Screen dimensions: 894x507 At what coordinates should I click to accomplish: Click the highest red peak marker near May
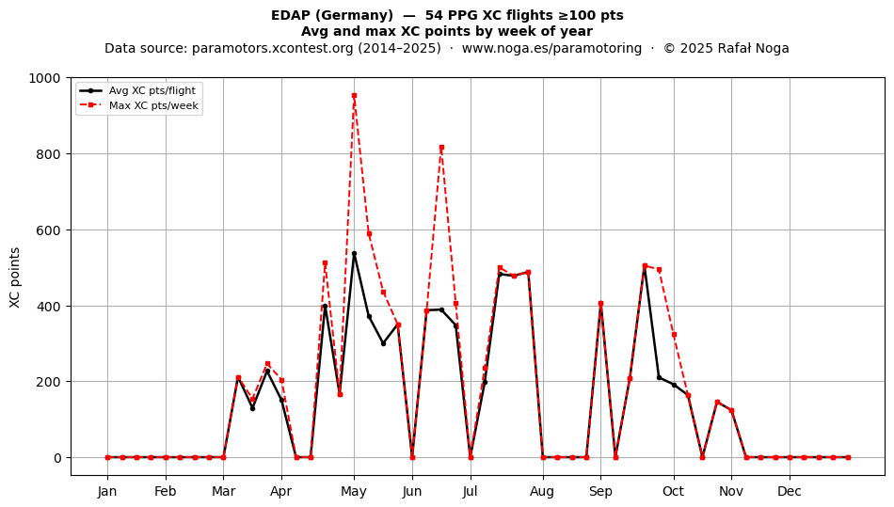[354, 96]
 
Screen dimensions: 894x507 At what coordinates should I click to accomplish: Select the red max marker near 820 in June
[441, 148]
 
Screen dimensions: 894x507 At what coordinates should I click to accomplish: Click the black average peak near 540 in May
[354, 254]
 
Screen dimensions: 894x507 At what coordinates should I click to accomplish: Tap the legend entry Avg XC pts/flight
[152, 90]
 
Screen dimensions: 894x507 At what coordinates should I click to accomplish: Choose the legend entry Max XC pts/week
[153, 105]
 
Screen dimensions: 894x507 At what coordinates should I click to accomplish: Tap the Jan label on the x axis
[107, 492]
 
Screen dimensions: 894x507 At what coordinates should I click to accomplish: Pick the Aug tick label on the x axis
[542, 492]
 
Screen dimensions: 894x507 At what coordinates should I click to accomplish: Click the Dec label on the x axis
[790, 492]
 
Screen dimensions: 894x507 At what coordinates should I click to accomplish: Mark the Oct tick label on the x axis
[674, 492]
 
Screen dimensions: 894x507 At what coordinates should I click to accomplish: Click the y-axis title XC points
[15, 277]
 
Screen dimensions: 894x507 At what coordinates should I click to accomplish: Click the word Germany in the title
[364, 15]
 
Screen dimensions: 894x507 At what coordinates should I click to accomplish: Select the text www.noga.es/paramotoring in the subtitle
[551, 48]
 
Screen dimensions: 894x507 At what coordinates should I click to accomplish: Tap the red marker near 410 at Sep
[600, 304]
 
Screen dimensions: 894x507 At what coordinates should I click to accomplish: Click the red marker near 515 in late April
[325, 263]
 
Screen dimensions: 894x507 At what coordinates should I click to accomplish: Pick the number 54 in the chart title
[433, 15]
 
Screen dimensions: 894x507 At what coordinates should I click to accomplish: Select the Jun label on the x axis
[411, 492]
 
